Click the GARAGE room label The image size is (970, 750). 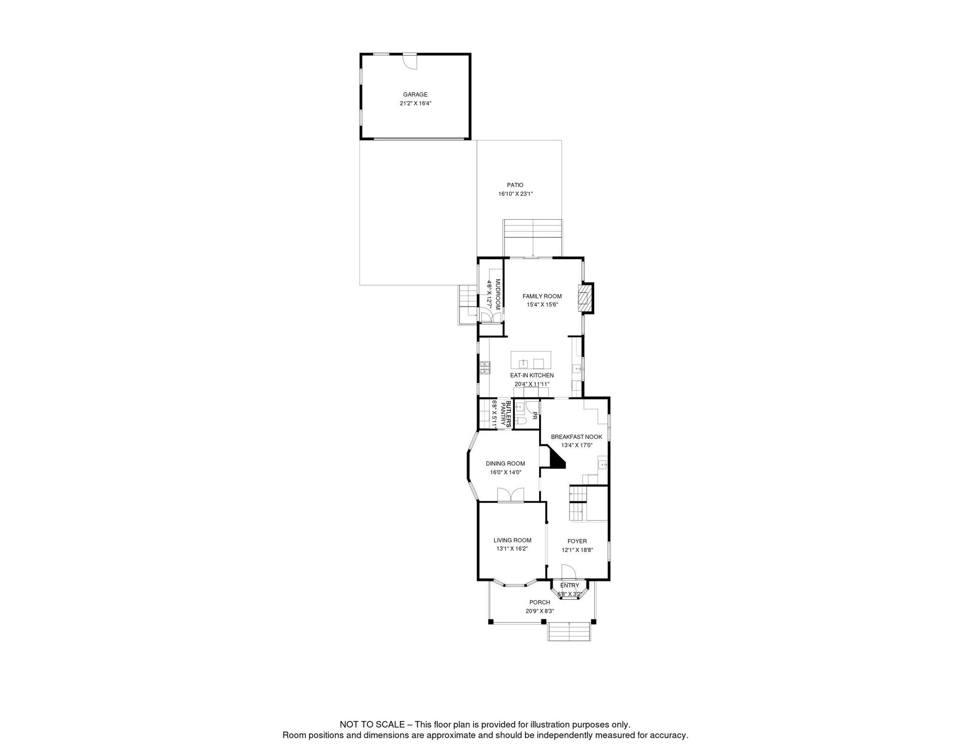click(x=415, y=95)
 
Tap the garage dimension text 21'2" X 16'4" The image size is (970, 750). click(x=415, y=104)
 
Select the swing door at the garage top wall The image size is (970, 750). click(x=410, y=62)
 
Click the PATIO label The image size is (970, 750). click(x=515, y=185)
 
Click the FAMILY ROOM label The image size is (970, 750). click(x=542, y=296)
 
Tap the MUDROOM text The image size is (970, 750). click(x=498, y=294)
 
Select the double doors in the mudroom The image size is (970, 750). click(x=491, y=316)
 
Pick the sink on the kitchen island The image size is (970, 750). click(x=523, y=364)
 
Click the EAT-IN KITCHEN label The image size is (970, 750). click(x=532, y=375)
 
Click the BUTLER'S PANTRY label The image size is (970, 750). click(x=505, y=415)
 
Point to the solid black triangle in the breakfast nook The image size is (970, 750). click(x=556, y=460)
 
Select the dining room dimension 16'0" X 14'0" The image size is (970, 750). click(x=505, y=473)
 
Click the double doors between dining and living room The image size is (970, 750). click(x=510, y=495)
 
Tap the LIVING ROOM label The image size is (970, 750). click(x=512, y=541)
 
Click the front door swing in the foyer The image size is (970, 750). click(x=568, y=572)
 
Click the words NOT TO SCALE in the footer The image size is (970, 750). click(x=372, y=725)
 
